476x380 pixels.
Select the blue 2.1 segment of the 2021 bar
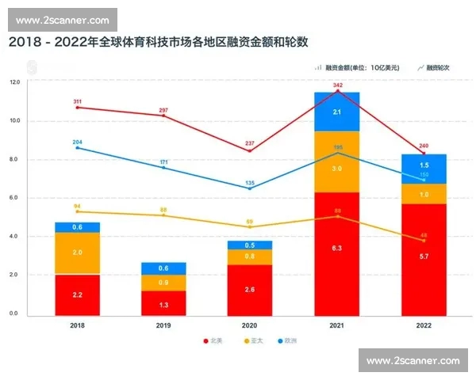tap(337, 112)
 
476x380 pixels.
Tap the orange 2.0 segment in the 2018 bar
tap(77, 253)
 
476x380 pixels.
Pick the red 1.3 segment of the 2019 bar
tap(163, 302)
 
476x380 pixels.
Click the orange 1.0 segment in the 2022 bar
tap(424, 194)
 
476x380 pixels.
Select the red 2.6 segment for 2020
tap(250, 289)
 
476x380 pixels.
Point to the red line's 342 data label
tap(338, 85)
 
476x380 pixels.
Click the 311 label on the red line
tap(77, 101)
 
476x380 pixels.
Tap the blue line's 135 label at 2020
tap(249, 181)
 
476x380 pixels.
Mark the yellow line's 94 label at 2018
tap(77, 206)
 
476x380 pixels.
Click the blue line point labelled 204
tap(77, 147)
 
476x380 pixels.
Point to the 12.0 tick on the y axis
tap(14, 82)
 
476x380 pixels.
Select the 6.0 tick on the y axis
tap(14, 198)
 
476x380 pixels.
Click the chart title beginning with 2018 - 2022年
tap(158, 41)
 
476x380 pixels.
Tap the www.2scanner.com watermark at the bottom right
tap(413, 361)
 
